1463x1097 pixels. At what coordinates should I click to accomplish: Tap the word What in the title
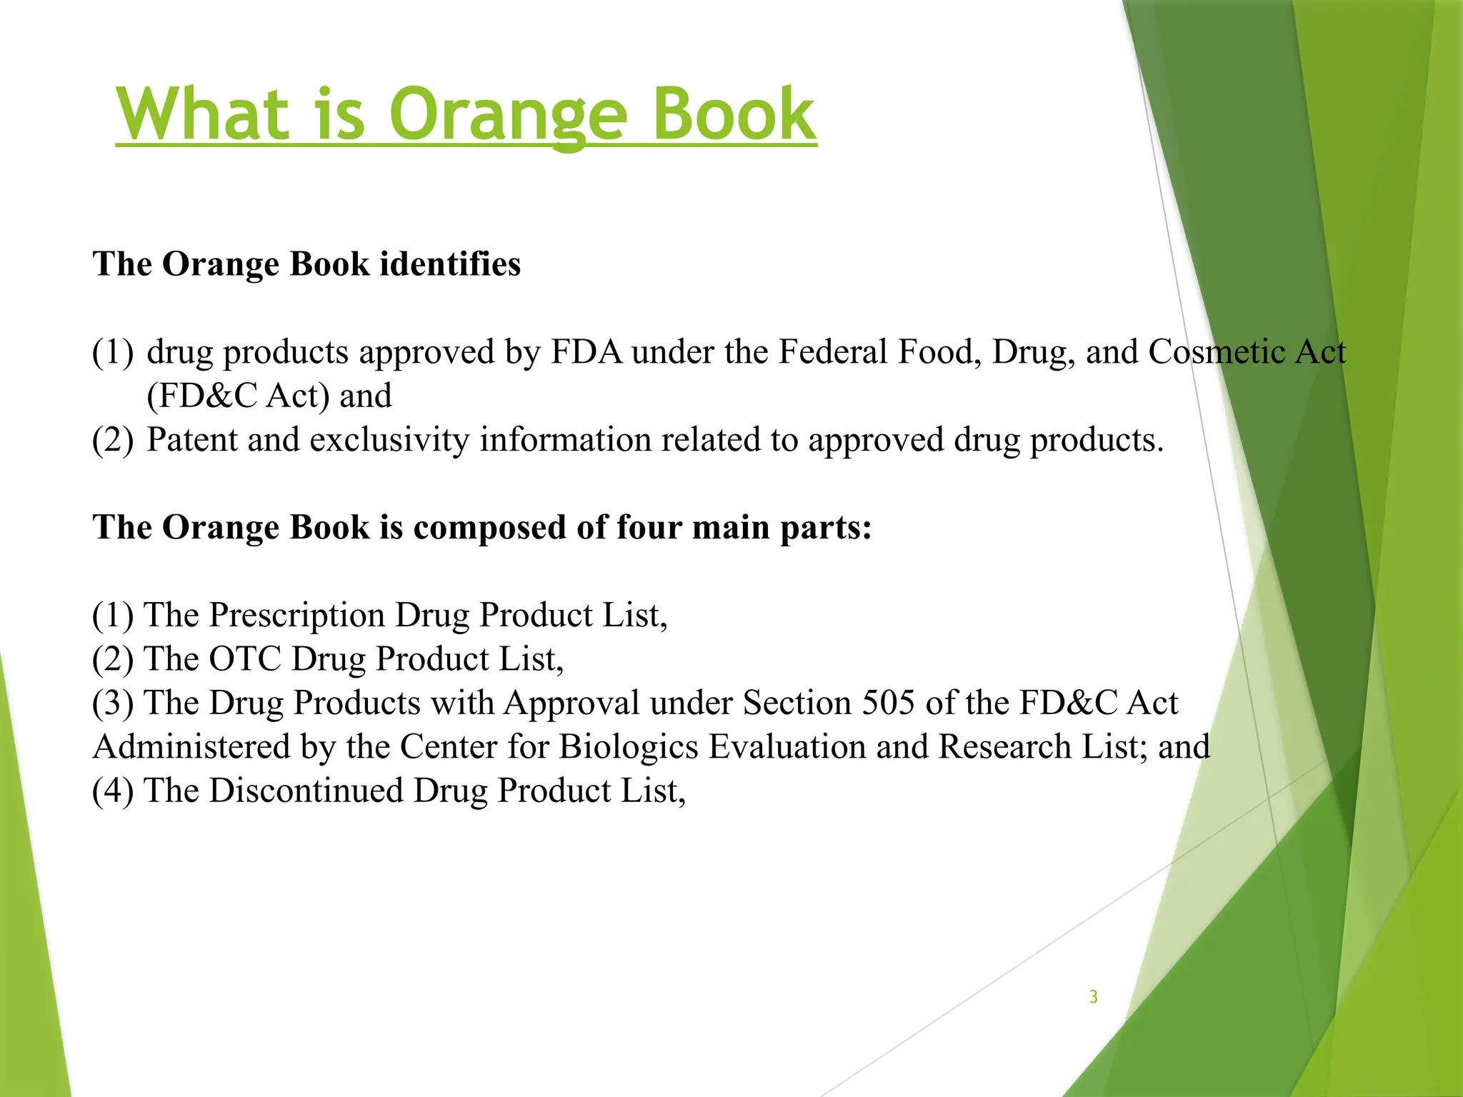coord(203,114)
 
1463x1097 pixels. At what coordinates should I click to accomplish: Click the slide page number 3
coord(1093,996)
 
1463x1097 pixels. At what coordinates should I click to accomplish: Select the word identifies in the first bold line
coord(450,264)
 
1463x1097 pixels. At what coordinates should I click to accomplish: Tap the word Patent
coord(191,440)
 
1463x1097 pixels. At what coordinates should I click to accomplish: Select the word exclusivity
coord(389,440)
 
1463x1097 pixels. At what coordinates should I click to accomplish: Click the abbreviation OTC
coord(245,658)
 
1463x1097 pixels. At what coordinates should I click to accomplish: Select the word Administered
coord(191,747)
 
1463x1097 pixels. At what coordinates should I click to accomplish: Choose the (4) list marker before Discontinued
coord(113,791)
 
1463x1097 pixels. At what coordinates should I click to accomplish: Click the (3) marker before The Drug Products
coord(113,703)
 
